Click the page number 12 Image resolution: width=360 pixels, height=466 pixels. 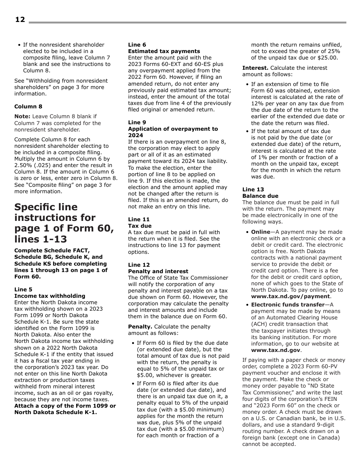click(20, 20)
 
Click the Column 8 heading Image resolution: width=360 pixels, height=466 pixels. click(28, 106)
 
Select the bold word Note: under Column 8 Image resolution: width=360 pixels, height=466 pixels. click(22, 117)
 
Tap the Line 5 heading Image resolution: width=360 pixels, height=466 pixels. click(23, 289)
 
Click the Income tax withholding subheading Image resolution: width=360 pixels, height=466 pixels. click(50, 296)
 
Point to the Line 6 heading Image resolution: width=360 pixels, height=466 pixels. click(137, 45)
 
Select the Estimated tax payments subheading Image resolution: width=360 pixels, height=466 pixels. click(164, 51)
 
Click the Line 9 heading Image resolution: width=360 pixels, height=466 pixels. click(137, 122)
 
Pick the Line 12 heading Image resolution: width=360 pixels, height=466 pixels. click(139, 265)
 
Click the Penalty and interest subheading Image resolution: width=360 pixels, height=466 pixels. click(158, 271)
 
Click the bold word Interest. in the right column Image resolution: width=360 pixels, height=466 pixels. click(255, 68)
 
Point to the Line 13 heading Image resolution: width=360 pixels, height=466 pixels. click(253, 189)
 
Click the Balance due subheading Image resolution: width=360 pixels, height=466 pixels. click(260, 196)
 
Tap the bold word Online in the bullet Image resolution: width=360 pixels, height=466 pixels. click(260, 232)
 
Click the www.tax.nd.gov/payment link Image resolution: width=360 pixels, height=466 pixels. click(290, 296)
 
